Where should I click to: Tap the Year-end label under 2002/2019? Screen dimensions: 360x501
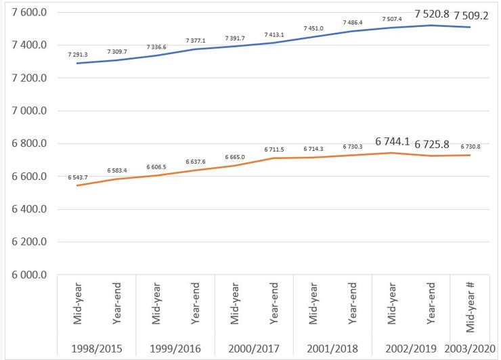(431, 307)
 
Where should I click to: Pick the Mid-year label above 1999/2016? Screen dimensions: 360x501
(156, 307)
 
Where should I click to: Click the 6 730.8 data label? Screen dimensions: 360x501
(472, 146)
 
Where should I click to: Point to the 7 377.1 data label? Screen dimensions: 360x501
(196, 40)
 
